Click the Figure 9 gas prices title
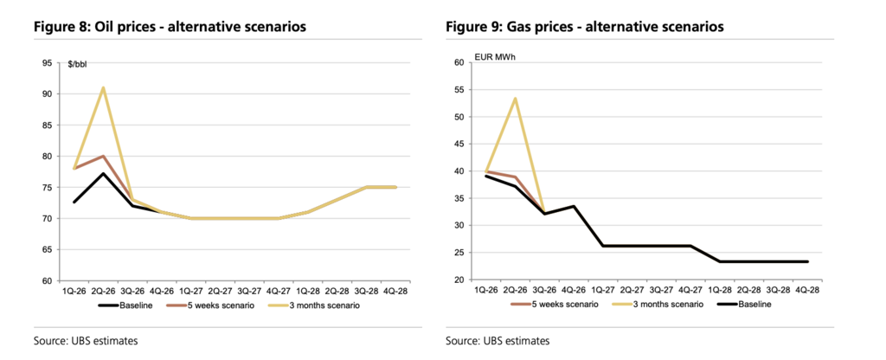pos(585,27)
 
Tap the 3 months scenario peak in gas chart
pos(516,99)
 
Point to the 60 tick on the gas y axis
pos(459,62)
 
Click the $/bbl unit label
pos(79,63)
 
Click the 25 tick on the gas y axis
pos(459,253)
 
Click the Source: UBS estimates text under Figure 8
pos(85,341)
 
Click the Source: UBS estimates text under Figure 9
pos(498,341)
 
